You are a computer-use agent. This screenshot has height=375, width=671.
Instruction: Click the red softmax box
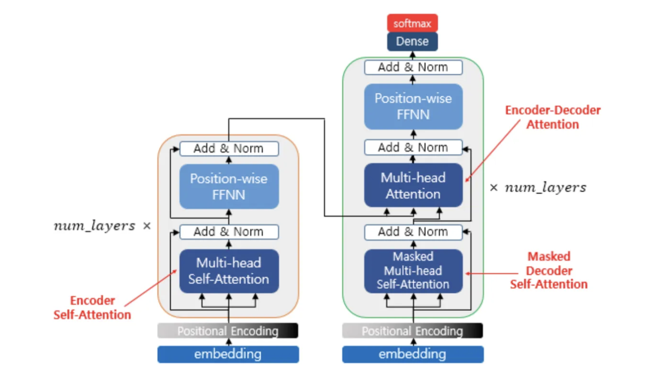tap(412, 23)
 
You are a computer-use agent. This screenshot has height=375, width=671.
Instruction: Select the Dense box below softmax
tap(412, 41)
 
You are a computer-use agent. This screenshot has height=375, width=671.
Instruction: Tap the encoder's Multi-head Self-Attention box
tap(229, 271)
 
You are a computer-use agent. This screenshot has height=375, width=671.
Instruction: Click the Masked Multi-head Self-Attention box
tap(413, 271)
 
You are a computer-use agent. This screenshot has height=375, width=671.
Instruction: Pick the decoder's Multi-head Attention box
tap(413, 185)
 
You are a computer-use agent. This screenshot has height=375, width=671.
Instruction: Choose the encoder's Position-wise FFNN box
tap(229, 187)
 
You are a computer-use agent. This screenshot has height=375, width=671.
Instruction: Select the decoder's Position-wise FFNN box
tap(413, 107)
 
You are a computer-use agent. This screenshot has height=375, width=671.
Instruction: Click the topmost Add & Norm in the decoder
tap(413, 67)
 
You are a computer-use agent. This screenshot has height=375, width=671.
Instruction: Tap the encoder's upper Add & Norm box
tap(229, 149)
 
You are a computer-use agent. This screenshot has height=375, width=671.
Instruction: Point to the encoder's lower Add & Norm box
tap(229, 232)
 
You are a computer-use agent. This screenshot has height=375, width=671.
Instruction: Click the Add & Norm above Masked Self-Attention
tap(413, 232)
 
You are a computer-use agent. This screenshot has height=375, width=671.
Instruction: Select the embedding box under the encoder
tap(228, 354)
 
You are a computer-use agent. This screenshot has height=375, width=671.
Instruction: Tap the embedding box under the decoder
tap(413, 354)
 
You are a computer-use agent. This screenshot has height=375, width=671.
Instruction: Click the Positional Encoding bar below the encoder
tap(228, 331)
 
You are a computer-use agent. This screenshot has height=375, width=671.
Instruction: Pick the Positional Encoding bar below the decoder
tap(413, 331)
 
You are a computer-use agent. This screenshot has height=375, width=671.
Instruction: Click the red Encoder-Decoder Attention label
tap(553, 117)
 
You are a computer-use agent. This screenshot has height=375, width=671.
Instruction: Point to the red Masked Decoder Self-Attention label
tap(549, 271)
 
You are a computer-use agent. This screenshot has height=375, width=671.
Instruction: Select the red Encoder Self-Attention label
tap(92, 308)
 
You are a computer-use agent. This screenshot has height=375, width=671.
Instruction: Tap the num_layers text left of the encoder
tap(95, 225)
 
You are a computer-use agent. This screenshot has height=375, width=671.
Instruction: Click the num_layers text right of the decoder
tap(546, 187)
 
